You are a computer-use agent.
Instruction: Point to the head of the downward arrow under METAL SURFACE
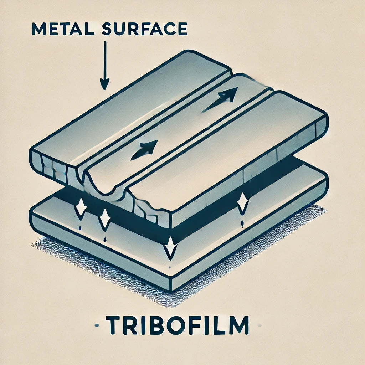pyautogui.click(x=104, y=84)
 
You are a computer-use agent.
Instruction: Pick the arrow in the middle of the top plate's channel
pyautogui.click(x=144, y=150)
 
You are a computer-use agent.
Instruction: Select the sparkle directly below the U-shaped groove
pyautogui.click(x=105, y=219)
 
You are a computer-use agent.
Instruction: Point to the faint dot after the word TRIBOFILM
pyautogui.click(x=259, y=325)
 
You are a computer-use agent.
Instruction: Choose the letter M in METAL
pyautogui.click(x=39, y=29)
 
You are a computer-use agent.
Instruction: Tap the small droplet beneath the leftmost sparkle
pyautogui.click(x=80, y=228)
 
